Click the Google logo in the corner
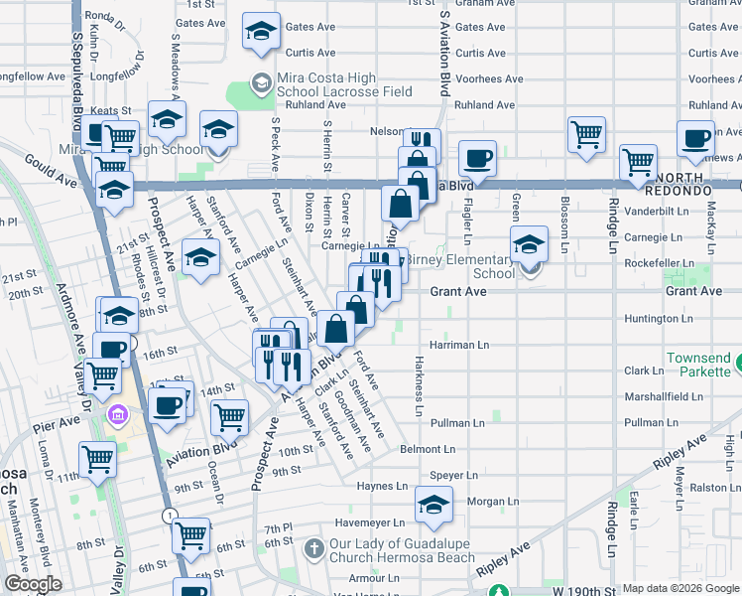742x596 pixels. (32, 584)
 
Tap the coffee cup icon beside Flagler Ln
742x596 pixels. (477, 158)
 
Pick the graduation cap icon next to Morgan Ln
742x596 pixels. (433, 505)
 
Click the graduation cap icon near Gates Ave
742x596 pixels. (262, 32)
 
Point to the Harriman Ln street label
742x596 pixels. (461, 345)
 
